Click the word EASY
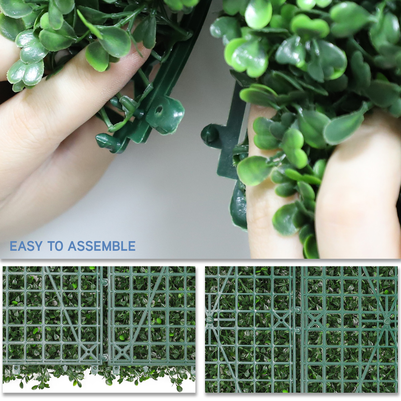click(x=26, y=246)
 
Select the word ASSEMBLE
click(x=102, y=246)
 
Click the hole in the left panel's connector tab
click(x=159, y=109)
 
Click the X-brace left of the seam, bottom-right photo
click(x=282, y=319)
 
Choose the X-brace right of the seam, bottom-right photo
click(x=315, y=320)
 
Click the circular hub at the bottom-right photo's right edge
click(x=387, y=321)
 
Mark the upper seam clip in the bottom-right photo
click(x=298, y=310)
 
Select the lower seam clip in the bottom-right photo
click(x=298, y=330)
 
